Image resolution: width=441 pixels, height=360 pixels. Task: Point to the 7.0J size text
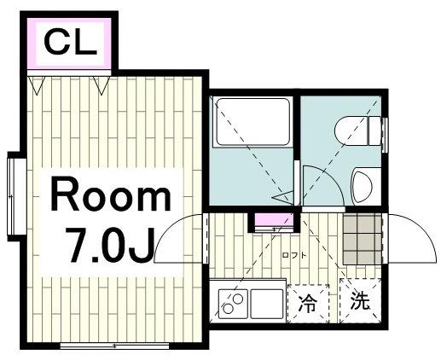[109, 246]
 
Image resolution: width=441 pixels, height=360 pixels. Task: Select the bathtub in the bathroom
[252, 122]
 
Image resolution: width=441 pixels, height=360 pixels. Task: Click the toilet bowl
[351, 131]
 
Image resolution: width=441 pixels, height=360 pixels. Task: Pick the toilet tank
[374, 131]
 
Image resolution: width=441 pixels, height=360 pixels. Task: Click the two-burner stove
[233, 304]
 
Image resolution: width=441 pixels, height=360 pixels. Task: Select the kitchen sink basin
[267, 304]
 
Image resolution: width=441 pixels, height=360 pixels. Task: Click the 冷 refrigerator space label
[308, 303]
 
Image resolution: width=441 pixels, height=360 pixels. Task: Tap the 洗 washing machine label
[360, 300]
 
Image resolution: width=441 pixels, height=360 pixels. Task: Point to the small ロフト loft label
[294, 255]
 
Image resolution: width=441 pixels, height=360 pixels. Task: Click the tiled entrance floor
[362, 239]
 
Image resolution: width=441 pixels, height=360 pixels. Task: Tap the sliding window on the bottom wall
[114, 346]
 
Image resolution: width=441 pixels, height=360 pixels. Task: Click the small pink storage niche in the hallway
[275, 219]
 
